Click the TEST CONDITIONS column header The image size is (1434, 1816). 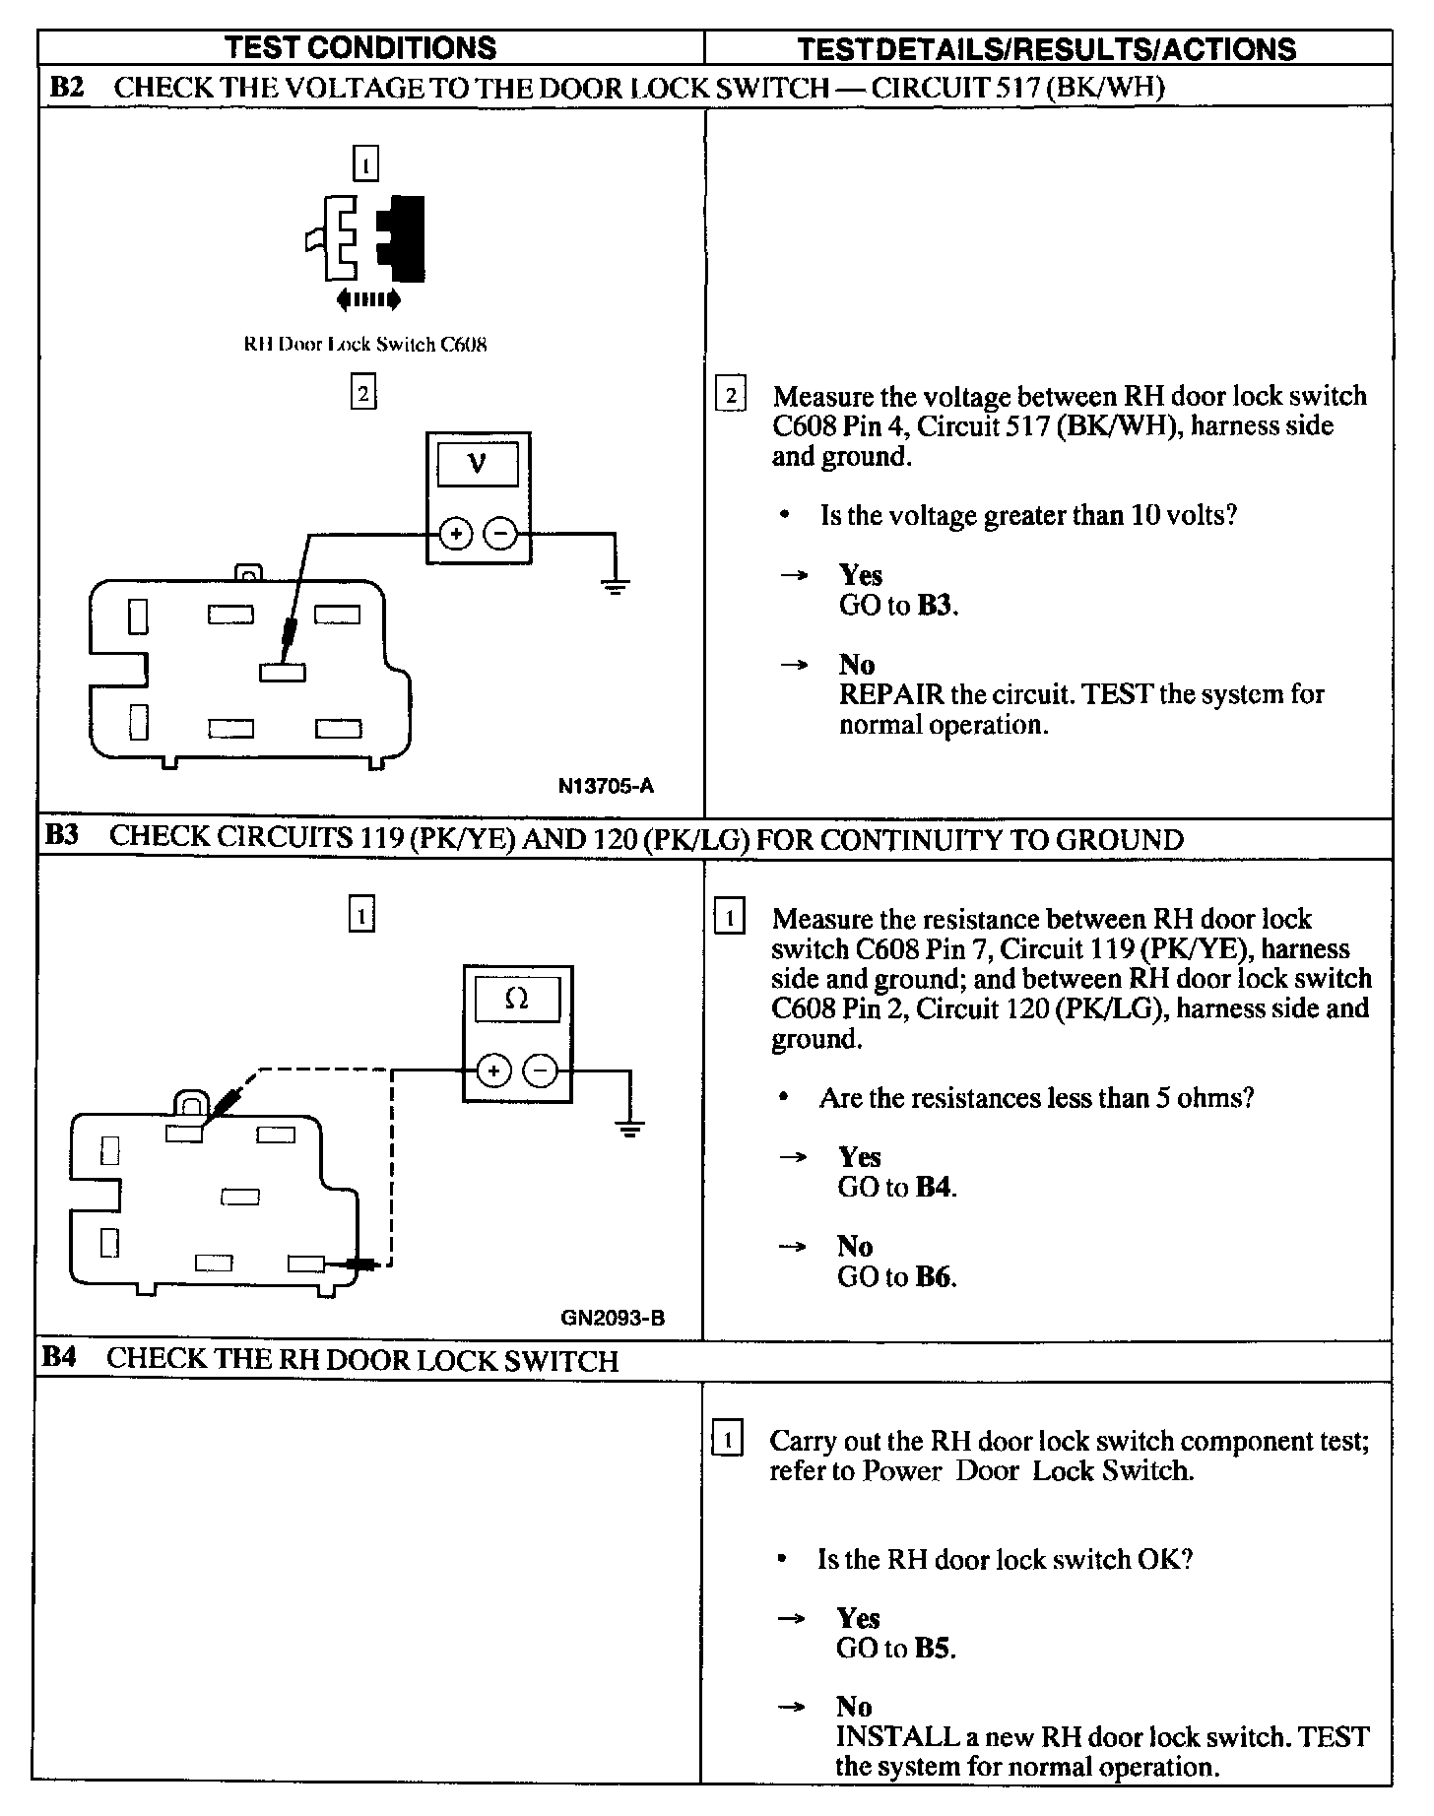point(360,47)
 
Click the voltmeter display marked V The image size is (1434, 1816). point(478,462)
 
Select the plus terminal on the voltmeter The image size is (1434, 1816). point(456,534)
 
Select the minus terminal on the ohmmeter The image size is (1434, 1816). point(540,1070)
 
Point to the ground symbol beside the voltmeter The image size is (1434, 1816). point(615,587)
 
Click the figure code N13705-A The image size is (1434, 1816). point(605,786)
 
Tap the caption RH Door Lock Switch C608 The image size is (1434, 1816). point(365,345)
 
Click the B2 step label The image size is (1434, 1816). point(67,88)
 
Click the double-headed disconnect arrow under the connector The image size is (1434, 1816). point(367,298)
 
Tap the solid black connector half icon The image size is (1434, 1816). point(402,237)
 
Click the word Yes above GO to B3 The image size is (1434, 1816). point(860,575)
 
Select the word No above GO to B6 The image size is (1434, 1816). point(855,1246)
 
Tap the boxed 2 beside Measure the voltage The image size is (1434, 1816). point(730,396)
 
